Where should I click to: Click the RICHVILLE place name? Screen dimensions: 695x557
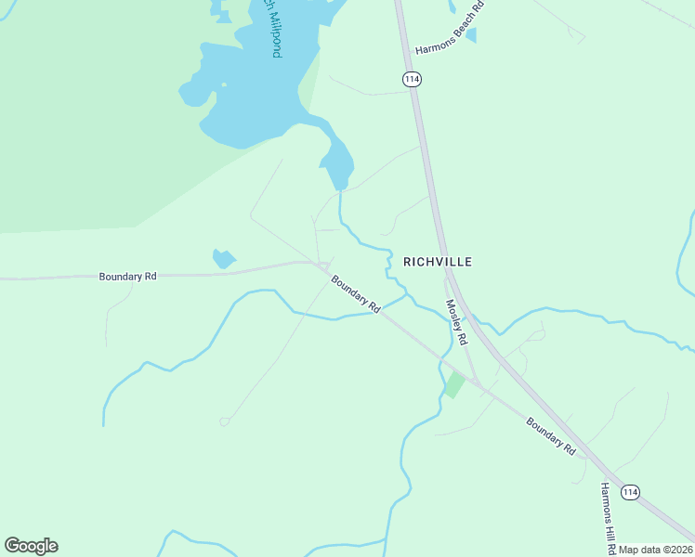tap(438, 262)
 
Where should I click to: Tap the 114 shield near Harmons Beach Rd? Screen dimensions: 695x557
tap(413, 80)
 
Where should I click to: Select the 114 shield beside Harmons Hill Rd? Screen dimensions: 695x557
tap(631, 492)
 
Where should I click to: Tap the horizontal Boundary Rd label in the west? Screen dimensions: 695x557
tap(128, 276)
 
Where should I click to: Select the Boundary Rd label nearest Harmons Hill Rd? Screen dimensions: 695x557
tap(551, 436)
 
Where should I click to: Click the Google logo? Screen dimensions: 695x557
tap(31, 546)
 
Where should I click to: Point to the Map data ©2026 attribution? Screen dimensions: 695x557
tap(656, 550)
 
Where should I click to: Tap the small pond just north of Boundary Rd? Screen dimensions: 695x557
tap(224, 259)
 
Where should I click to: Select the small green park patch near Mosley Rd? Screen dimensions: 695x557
tap(454, 384)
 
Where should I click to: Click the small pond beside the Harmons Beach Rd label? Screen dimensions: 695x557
tap(471, 35)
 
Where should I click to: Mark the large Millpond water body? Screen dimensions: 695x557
tap(251, 93)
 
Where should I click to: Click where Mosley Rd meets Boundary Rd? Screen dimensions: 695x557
tap(476, 382)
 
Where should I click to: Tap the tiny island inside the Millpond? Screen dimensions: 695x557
tap(222, 87)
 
